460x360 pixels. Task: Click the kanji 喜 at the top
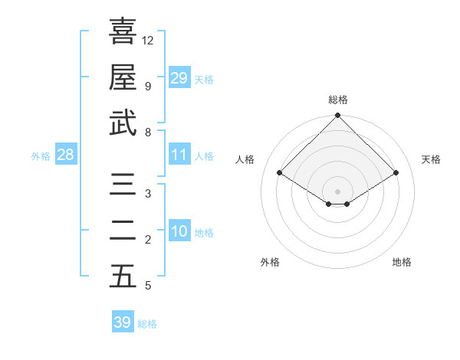[123, 31]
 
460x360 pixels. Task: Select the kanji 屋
[123, 77]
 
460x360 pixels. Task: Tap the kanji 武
[123, 123]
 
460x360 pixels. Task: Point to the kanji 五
[123, 277]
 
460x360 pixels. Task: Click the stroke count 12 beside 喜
[149, 40]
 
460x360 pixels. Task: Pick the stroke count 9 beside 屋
[147, 86]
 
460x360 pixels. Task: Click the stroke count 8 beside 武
[147, 132]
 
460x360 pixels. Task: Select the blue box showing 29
[179, 78]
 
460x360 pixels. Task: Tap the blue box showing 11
[179, 155]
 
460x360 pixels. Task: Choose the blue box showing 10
[179, 231]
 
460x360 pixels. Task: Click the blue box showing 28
[65, 155]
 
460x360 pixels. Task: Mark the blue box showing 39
[123, 322]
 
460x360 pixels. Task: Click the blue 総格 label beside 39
[148, 324]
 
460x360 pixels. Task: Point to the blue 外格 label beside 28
[41, 156]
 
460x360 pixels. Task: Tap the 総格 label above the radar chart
[338, 100]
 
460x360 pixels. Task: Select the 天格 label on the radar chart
[432, 159]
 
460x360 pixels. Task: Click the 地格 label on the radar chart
[402, 262]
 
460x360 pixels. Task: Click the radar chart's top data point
[338, 116]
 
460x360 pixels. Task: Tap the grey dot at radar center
[338, 190]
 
